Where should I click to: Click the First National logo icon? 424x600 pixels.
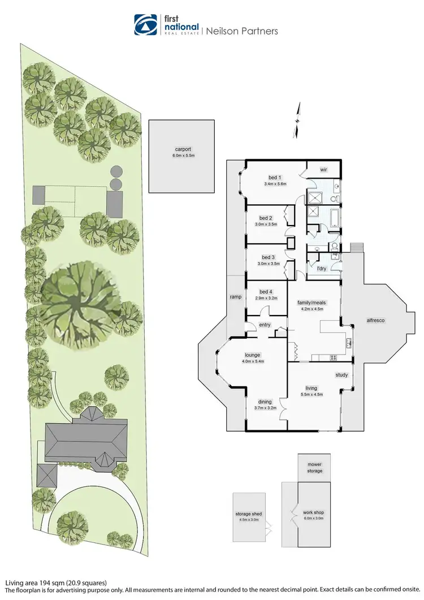[145, 25]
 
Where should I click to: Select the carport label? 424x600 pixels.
[181, 152]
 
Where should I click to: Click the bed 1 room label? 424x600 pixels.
[272, 176]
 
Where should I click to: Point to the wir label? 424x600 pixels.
[324, 170]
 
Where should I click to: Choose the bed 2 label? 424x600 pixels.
[266, 218]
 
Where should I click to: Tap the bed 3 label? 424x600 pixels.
[266, 256]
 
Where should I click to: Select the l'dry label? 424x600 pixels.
[322, 267]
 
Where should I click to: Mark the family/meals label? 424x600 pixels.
[310, 303]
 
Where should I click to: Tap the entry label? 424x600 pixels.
[265, 325]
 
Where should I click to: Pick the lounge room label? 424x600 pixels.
[253, 355]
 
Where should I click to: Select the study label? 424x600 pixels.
[341, 374]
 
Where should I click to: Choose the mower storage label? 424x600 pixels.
[315, 468]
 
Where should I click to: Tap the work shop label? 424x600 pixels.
[314, 512]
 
